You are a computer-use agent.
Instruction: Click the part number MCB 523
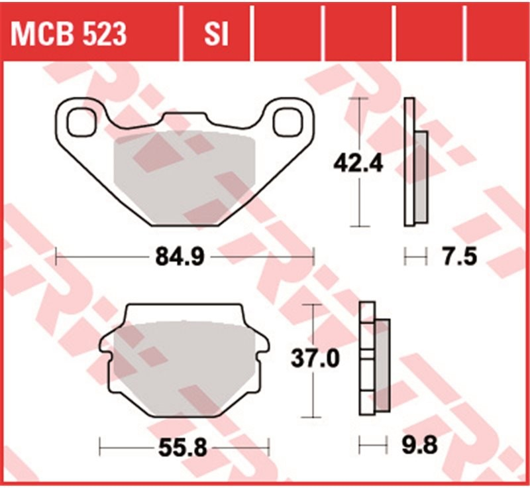point(69,34)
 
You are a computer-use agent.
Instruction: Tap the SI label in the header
point(217,34)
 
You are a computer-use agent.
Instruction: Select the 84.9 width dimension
point(180,257)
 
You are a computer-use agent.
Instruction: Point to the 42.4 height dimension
point(358,164)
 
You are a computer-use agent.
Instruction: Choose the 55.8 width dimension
point(183,448)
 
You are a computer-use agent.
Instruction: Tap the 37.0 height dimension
point(315,359)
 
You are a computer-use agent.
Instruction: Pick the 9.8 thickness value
point(419,446)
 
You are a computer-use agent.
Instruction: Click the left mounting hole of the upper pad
point(81,123)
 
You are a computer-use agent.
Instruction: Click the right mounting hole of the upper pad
point(288,123)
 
